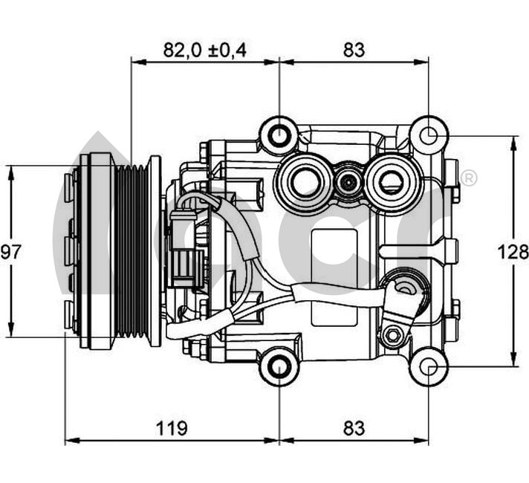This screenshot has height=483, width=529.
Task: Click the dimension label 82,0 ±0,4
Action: (205, 50)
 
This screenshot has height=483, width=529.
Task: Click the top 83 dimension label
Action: (354, 50)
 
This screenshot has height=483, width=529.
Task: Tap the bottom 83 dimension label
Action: (354, 428)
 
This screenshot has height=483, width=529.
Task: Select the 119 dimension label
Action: (172, 428)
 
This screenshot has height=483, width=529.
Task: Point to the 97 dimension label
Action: (10, 252)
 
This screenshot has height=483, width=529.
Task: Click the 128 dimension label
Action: (513, 252)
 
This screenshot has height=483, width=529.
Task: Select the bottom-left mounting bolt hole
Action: (279, 366)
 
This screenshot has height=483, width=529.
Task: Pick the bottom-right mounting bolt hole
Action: (429, 366)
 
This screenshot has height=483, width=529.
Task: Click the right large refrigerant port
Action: (392, 179)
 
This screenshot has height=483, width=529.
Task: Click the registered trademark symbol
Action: (469, 178)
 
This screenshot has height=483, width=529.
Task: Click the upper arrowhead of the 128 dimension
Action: (513, 142)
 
